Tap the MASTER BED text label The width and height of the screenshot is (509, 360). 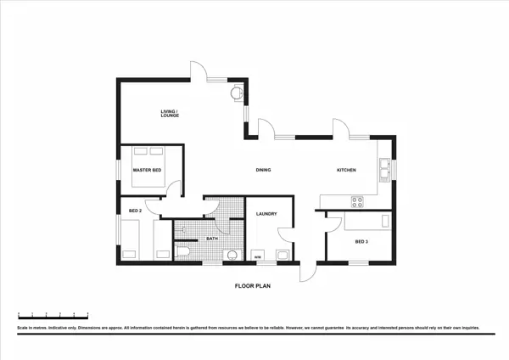147,171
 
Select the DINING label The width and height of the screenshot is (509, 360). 263,171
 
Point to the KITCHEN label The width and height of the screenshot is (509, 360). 346,171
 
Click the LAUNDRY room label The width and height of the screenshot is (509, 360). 267,214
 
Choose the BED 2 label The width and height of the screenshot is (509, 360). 134,211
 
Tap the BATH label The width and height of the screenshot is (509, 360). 213,239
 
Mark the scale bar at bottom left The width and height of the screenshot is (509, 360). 53,315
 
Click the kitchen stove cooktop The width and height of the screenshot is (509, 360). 357,201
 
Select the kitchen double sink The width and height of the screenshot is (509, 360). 384,169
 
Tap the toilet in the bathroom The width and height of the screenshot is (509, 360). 184,252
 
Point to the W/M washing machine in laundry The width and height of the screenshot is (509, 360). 258,255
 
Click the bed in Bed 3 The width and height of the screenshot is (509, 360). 367,220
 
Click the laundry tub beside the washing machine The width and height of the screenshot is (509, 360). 282,254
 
